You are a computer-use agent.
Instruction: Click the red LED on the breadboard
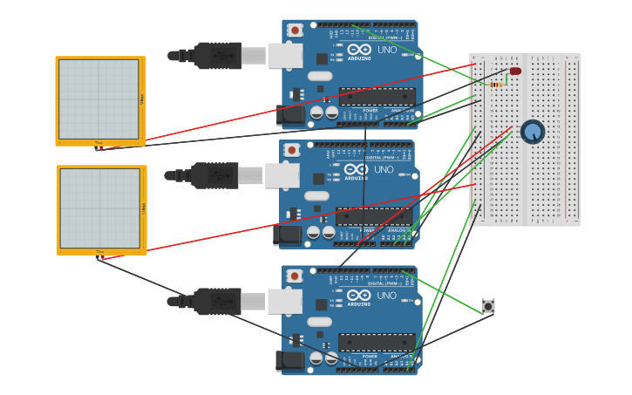tap(515, 71)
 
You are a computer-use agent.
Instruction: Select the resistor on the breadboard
tap(497, 85)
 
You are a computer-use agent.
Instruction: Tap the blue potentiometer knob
tap(533, 132)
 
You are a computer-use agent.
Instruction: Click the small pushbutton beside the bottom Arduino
tap(488, 306)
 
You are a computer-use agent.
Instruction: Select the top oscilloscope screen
tap(99, 99)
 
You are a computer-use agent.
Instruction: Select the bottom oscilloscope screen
tap(100, 208)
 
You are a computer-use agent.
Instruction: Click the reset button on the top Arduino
tap(295, 31)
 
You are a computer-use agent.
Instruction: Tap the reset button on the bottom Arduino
tap(295, 276)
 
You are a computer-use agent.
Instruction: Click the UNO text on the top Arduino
tap(387, 50)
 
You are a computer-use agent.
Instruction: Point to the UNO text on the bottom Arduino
tap(387, 296)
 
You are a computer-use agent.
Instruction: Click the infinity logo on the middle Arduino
tap(356, 169)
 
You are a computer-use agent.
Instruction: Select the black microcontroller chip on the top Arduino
tap(377, 97)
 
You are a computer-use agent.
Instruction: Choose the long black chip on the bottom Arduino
tap(377, 343)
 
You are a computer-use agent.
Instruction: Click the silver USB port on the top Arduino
tap(285, 56)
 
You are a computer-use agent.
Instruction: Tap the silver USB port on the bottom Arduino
tap(285, 302)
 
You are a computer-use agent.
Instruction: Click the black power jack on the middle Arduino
tap(288, 235)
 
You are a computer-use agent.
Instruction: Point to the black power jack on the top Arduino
tap(290, 114)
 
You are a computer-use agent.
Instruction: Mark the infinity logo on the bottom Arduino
tap(359, 296)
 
